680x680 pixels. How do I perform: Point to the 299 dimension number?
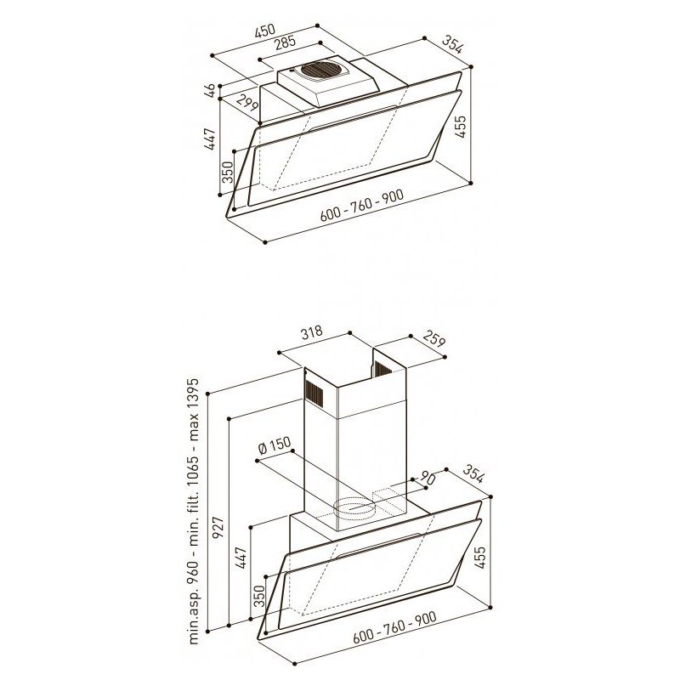pyautogui.click(x=247, y=105)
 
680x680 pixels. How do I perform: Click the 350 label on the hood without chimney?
pyautogui.click(x=227, y=173)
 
